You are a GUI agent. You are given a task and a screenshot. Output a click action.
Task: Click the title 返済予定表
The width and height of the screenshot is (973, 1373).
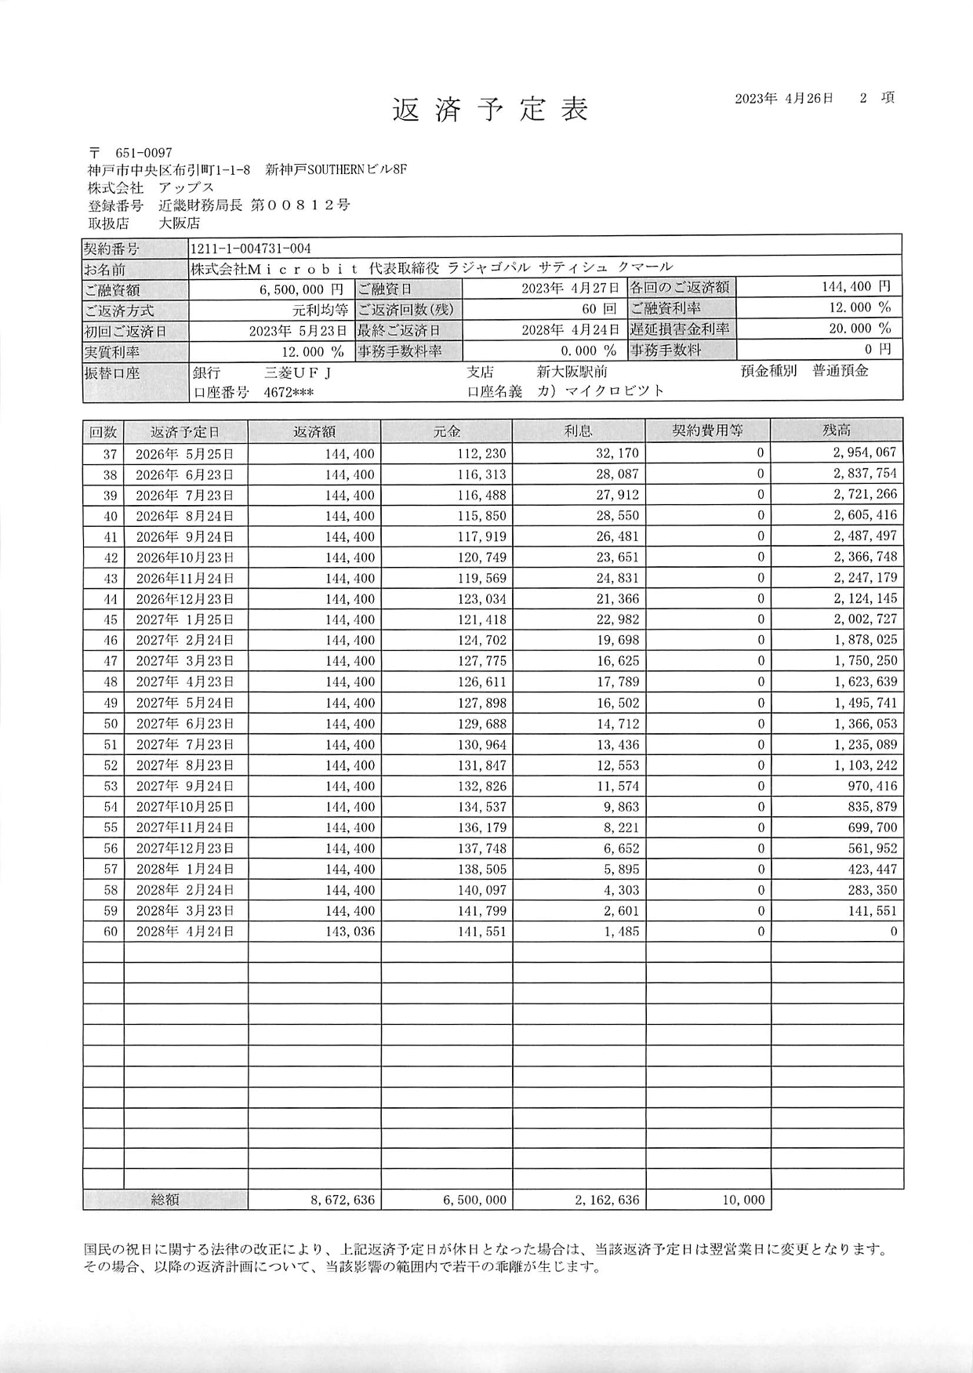(x=490, y=111)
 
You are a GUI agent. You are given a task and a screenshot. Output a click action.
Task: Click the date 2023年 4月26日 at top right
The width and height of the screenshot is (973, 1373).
(x=783, y=99)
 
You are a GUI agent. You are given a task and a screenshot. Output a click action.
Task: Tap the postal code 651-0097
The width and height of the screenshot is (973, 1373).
(x=143, y=153)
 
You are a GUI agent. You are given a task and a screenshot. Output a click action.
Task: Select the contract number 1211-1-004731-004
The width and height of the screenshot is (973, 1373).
(x=251, y=249)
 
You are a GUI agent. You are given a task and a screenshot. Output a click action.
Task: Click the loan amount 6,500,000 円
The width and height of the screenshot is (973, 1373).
(x=301, y=290)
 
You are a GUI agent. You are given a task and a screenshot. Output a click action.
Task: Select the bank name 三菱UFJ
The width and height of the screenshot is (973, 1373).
(x=298, y=372)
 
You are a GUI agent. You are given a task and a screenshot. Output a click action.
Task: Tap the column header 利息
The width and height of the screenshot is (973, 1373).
(x=579, y=431)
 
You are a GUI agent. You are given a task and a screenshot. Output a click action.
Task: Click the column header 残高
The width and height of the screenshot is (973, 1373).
(x=837, y=431)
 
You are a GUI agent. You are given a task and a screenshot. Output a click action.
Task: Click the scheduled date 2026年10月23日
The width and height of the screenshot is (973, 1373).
(x=184, y=558)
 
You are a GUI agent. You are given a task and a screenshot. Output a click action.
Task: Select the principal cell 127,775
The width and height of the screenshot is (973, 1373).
(x=482, y=661)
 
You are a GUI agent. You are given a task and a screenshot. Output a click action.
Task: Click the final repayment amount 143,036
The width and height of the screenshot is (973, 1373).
(x=350, y=932)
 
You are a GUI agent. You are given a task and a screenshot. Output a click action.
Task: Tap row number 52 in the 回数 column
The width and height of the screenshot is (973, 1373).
(x=110, y=765)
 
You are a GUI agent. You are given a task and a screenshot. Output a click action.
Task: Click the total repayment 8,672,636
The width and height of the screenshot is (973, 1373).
(x=343, y=1200)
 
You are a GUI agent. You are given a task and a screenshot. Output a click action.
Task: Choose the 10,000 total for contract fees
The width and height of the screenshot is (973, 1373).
(x=742, y=1200)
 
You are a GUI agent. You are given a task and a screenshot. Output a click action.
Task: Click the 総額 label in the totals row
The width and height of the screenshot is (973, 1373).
(x=165, y=1200)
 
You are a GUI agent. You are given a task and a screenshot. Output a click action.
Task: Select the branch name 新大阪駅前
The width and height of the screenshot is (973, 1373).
(x=572, y=372)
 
